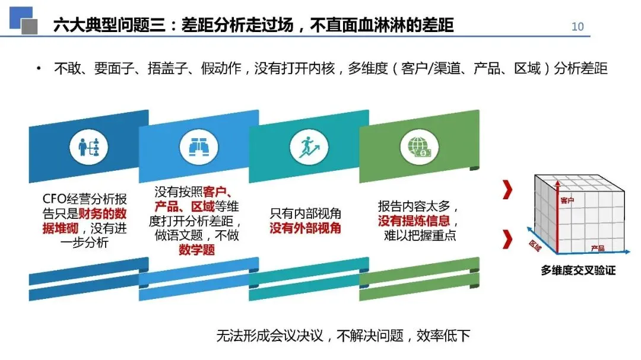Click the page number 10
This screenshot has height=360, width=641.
click(577, 26)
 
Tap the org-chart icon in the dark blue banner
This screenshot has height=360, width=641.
click(88, 148)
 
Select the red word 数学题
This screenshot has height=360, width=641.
click(197, 250)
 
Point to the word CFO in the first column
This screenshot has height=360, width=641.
click(56, 200)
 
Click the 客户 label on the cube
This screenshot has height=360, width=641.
click(567, 201)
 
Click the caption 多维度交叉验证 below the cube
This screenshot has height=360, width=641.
click(577, 270)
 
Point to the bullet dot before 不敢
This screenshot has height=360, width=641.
click(39, 69)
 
